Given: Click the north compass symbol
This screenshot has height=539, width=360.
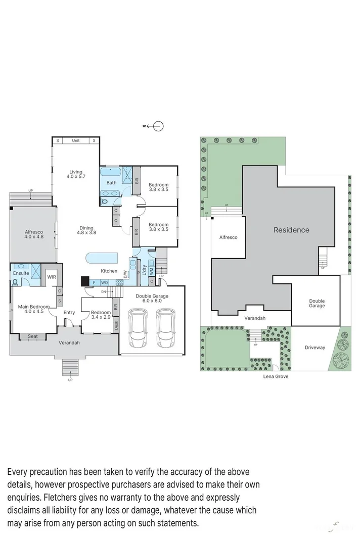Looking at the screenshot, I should pyautogui.click(x=158, y=126).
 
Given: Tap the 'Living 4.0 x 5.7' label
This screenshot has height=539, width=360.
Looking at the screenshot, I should pyautogui.click(x=76, y=175).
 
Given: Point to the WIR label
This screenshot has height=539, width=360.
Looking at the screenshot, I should pyautogui.click(x=52, y=277).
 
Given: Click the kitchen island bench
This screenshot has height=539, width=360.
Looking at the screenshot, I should pyautogui.click(x=102, y=258).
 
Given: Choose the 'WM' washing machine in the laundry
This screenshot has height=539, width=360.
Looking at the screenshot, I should pyautogui.click(x=151, y=271).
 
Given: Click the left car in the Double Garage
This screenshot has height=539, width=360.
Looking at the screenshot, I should pyautogui.click(x=138, y=328).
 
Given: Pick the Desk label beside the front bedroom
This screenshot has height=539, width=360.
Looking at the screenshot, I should pyautogui.click(x=116, y=326).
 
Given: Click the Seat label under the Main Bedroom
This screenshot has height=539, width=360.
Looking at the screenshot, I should pyautogui.click(x=33, y=336).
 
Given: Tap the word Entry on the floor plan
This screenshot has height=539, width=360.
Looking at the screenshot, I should pyautogui.click(x=69, y=313).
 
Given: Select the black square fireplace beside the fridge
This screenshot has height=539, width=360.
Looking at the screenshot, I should pyautogui.click(x=85, y=281).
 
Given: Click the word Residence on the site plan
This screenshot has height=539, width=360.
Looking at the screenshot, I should pyautogui.click(x=291, y=230).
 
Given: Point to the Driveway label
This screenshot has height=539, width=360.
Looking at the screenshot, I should pyautogui.click(x=315, y=348).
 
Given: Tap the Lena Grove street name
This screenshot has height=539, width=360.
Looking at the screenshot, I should pyautogui.click(x=276, y=377).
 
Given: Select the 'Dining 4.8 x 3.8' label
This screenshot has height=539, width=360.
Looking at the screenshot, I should pyautogui.click(x=86, y=230).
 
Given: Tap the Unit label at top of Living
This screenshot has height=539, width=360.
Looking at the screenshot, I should pyautogui.click(x=76, y=140).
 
